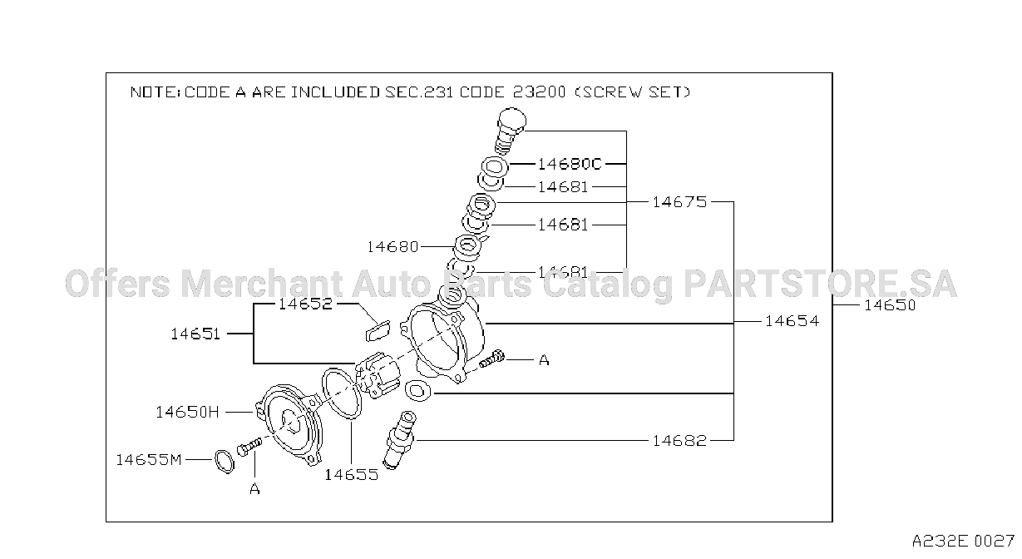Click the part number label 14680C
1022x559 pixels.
pos(570,163)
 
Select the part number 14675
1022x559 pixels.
pos(679,201)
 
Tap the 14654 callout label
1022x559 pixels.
pos(792,321)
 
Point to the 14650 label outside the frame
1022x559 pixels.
pos(890,304)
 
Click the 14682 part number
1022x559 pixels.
pos(679,440)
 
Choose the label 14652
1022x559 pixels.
pos(305,304)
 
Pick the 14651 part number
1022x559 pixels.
pos(195,334)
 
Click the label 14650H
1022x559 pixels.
pos(187,412)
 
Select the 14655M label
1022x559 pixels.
pos(149,459)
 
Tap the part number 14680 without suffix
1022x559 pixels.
pos(393,246)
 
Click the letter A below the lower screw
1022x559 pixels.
pos(254,489)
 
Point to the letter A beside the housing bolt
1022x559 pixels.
pos(544,360)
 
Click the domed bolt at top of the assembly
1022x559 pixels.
pos(510,130)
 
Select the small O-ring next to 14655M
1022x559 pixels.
pos(224,462)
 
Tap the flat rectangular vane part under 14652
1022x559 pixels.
pos(378,330)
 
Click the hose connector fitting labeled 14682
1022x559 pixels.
pos(399,439)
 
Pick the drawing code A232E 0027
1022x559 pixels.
pos(962,541)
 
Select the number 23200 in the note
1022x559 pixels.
pos(540,92)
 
